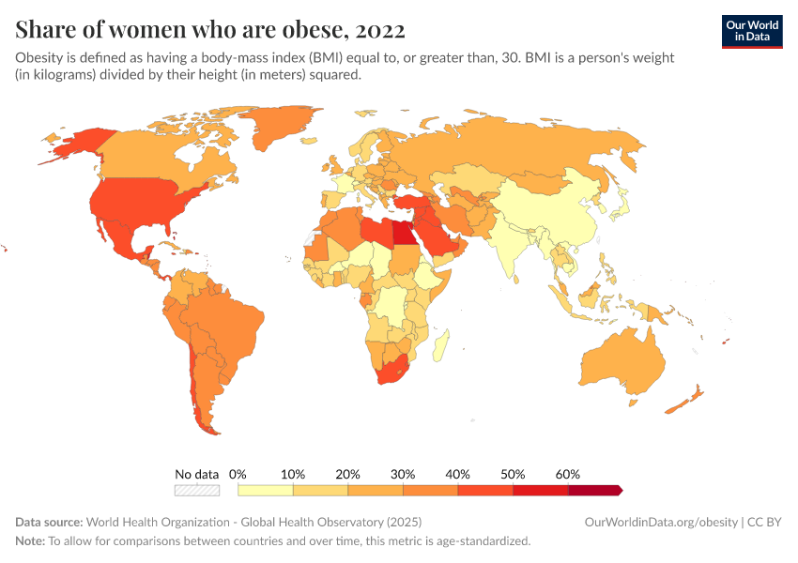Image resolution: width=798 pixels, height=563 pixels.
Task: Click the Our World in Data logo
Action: [x=751, y=31]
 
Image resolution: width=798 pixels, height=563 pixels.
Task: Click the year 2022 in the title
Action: [x=380, y=30]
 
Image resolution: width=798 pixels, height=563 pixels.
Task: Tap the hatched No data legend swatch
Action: [x=197, y=490]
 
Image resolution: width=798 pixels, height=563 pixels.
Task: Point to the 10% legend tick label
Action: [x=293, y=474]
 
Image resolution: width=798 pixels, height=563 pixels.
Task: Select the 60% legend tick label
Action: [x=568, y=474]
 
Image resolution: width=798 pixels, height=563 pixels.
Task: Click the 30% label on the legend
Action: [x=403, y=474]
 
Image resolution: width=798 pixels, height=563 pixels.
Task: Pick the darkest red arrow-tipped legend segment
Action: [x=594, y=490]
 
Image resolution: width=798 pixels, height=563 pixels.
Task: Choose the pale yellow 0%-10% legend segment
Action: [x=266, y=490]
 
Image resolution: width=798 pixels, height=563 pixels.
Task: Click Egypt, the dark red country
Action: [x=403, y=232]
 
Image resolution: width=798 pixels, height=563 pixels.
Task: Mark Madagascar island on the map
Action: [x=439, y=346]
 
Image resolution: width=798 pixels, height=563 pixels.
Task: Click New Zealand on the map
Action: [x=691, y=398]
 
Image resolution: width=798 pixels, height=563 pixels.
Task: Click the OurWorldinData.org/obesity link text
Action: [x=660, y=522]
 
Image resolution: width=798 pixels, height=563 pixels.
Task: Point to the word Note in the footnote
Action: [x=29, y=541]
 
